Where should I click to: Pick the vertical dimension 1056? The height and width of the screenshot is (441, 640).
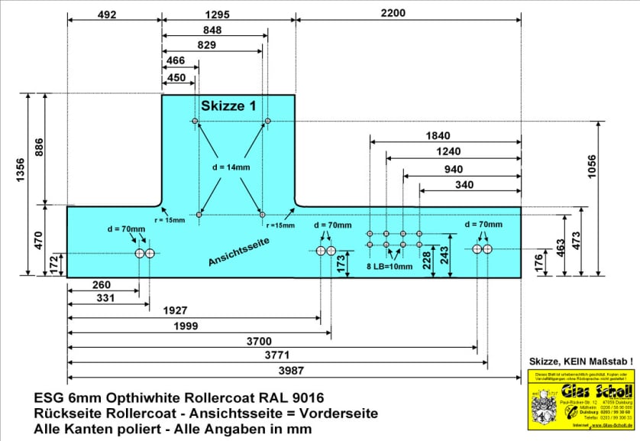[616, 167]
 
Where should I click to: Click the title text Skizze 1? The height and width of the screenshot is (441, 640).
[228, 106]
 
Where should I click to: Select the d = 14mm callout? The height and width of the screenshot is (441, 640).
[231, 167]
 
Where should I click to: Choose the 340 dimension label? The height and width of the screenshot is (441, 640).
[464, 184]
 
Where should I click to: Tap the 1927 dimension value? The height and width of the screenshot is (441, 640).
[181, 311]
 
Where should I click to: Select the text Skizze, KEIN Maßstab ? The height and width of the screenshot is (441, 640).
[581, 360]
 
